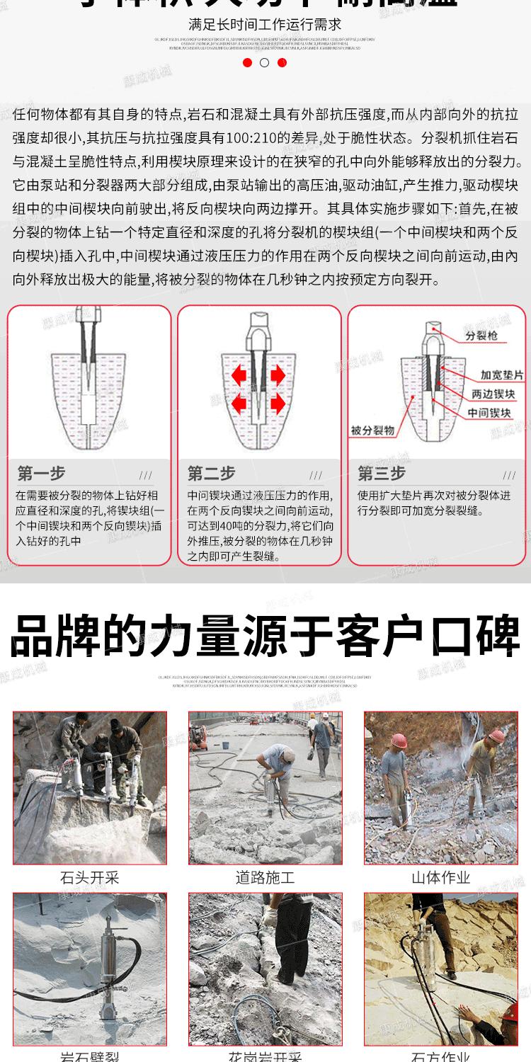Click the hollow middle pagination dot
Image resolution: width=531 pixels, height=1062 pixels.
265,62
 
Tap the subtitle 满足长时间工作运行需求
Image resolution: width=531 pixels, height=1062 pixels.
265,25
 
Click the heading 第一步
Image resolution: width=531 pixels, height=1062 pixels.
41,473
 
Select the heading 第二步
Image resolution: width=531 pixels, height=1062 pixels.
211,473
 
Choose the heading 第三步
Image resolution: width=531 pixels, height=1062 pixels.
382,473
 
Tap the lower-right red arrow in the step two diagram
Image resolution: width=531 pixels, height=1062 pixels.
277,403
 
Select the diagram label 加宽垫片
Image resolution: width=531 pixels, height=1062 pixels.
501,375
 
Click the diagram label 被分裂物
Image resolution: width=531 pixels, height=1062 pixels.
372,430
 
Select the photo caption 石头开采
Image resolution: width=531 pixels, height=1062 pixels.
90,878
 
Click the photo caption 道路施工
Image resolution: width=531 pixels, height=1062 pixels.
265,878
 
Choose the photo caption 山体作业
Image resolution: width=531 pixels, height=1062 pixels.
440,878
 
